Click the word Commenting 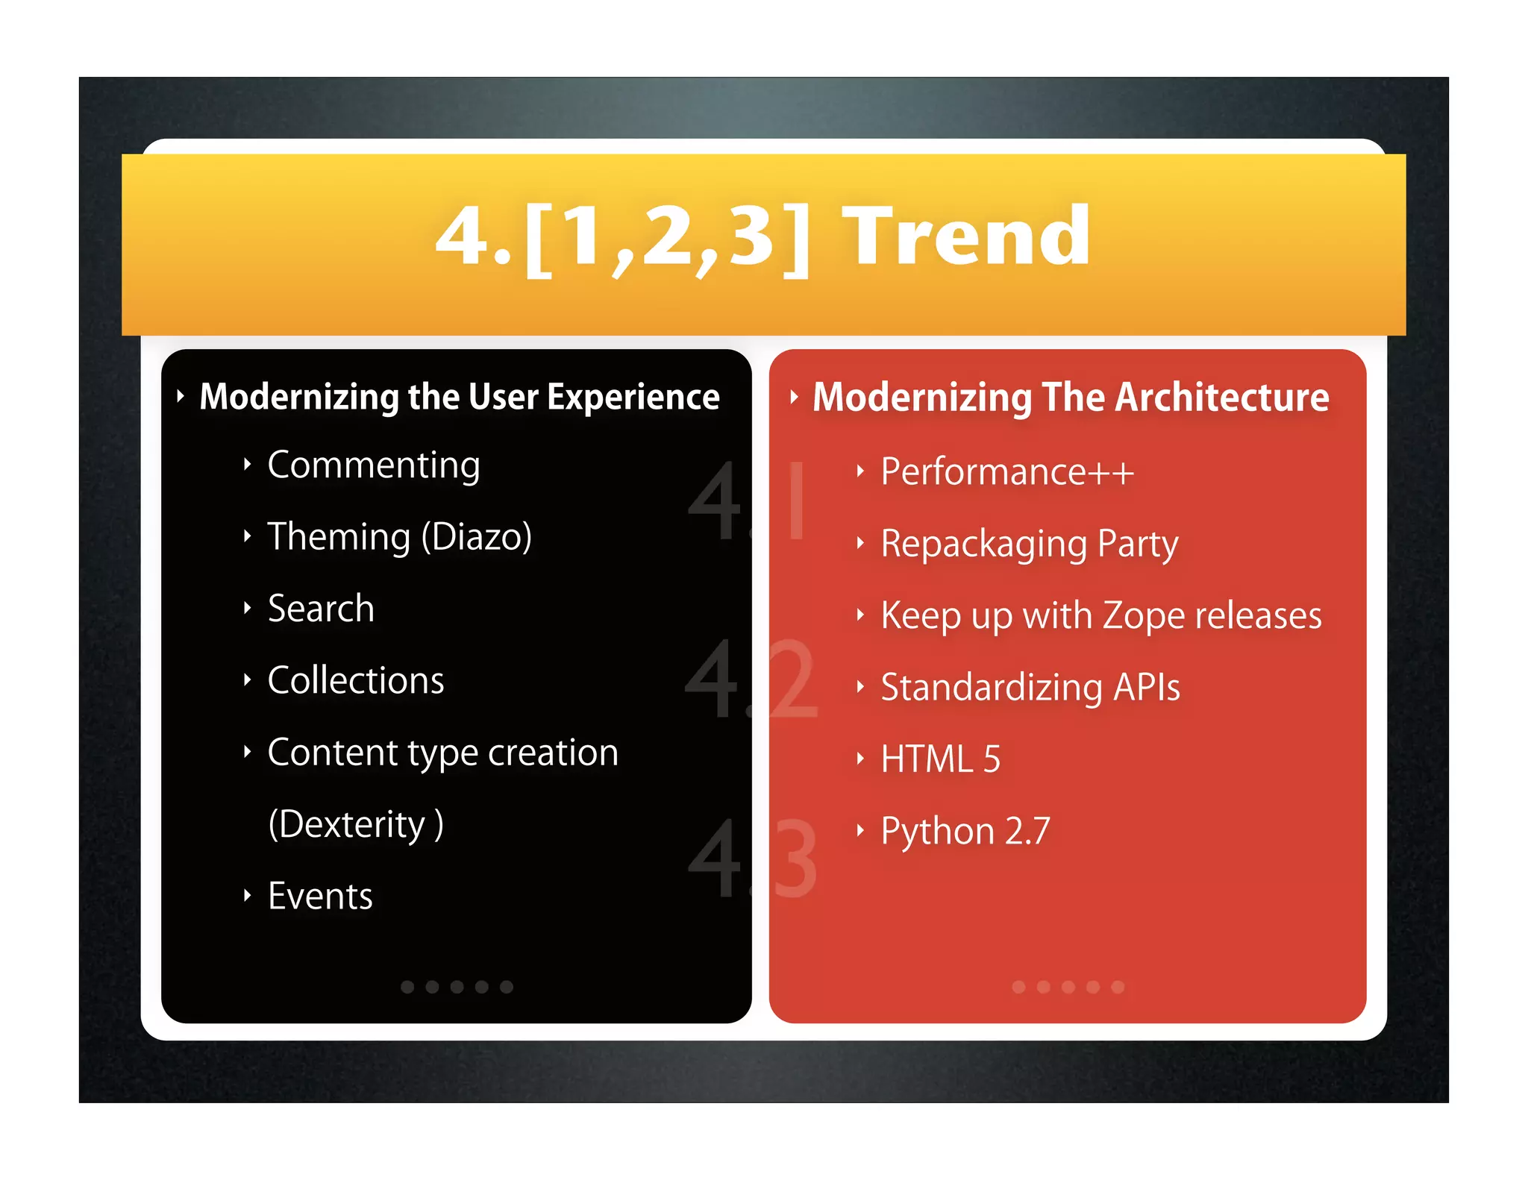(x=373, y=465)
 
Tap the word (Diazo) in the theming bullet (x=476, y=537)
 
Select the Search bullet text (x=321, y=609)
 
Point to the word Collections (x=355, y=680)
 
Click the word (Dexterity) (x=355, y=825)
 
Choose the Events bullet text (x=320, y=896)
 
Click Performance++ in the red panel (x=1006, y=472)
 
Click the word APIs (x=1146, y=688)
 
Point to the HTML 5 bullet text (x=940, y=759)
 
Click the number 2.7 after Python (x=1027, y=832)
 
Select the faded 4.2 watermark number (x=750, y=680)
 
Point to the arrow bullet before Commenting (x=247, y=465)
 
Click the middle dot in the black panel (x=457, y=987)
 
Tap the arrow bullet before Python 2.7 (x=859, y=830)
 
